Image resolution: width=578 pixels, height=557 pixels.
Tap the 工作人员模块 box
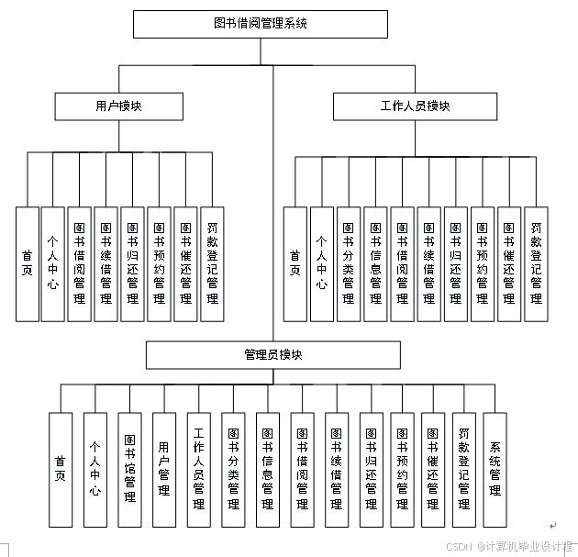click(415, 106)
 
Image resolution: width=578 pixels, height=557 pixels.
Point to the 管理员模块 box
click(272, 355)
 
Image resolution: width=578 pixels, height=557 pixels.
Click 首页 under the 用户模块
click(27, 263)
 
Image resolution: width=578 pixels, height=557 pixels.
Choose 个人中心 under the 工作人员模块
click(321, 263)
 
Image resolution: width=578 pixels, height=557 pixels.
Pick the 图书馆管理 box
click(129, 469)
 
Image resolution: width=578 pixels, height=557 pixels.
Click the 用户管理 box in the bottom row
click(163, 469)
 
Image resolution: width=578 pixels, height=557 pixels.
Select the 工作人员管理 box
click(198, 469)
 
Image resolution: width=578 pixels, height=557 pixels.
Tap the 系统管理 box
click(495, 469)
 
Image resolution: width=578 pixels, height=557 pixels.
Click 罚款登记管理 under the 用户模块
click(212, 263)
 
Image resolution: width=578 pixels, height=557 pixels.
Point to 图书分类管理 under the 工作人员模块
click(348, 263)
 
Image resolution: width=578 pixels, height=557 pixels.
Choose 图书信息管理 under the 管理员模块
click(267, 469)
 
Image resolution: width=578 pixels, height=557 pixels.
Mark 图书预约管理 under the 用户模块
click(160, 263)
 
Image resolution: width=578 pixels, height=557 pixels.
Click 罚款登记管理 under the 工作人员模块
click(536, 263)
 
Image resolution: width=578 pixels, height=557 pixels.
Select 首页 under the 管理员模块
click(61, 469)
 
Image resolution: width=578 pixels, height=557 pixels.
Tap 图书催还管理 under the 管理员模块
click(432, 469)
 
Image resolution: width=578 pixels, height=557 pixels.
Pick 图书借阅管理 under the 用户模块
click(80, 263)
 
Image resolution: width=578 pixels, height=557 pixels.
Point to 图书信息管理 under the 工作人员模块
click(374, 263)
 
